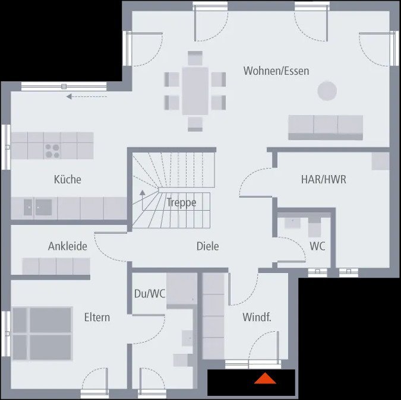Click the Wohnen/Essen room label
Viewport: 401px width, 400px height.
click(x=276, y=71)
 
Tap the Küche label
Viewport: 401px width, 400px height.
click(x=67, y=179)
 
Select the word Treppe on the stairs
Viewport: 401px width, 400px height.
click(x=181, y=202)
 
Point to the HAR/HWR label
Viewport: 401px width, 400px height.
click(x=323, y=179)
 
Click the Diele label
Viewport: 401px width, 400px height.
click(x=207, y=246)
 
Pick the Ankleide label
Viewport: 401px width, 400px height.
click(x=68, y=246)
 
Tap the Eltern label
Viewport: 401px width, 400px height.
click(x=97, y=317)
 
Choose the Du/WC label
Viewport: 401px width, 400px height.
click(x=149, y=293)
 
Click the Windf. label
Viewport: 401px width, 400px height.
click(x=257, y=317)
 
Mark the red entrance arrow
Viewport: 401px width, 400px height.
click(x=265, y=379)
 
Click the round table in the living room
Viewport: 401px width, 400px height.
click(x=327, y=91)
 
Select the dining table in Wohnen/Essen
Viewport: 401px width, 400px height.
click(x=195, y=90)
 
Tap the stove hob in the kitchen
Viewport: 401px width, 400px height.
click(x=52, y=151)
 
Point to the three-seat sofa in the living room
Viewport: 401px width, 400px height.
click(x=326, y=127)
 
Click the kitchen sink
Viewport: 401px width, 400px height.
click(x=37, y=207)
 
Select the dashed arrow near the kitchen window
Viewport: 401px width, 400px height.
click(x=87, y=96)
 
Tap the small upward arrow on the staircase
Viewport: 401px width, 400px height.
click(x=142, y=193)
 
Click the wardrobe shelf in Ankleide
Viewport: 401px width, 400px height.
click(x=56, y=266)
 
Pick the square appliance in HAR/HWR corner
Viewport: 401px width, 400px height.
click(x=380, y=161)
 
